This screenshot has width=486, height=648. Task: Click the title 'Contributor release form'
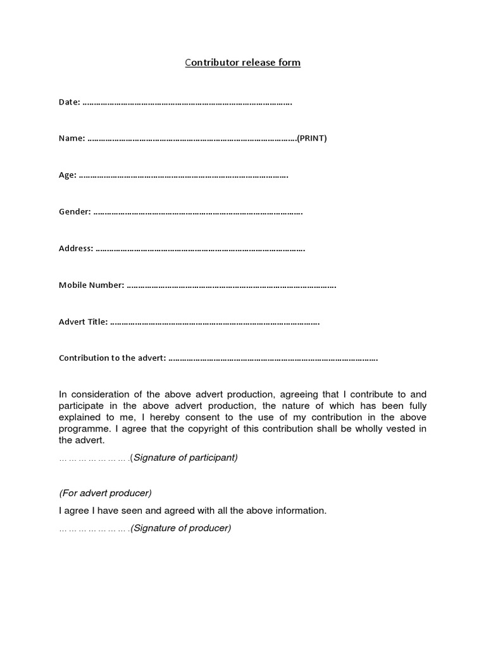coord(242,63)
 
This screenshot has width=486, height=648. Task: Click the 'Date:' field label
coord(69,102)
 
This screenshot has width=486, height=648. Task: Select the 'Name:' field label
coord(72,139)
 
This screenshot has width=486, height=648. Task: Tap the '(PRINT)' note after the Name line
coord(312,139)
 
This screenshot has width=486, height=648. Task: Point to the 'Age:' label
coord(67,175)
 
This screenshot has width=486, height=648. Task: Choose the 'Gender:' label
coord(75,212)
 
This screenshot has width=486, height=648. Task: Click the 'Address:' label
coord(76,249)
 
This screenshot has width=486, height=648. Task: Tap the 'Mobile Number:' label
coord(91,285)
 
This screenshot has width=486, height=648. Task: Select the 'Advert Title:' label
coord(83,322)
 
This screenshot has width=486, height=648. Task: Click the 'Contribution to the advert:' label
coord(112,358)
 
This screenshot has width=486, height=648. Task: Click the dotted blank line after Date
coord(187,103)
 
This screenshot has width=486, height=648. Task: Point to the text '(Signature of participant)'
coord(184,458)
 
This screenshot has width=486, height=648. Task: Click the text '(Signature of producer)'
coord(180,528)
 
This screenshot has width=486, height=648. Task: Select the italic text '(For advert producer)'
coord(106,493)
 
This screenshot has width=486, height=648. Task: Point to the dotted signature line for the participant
coord(94,458)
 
